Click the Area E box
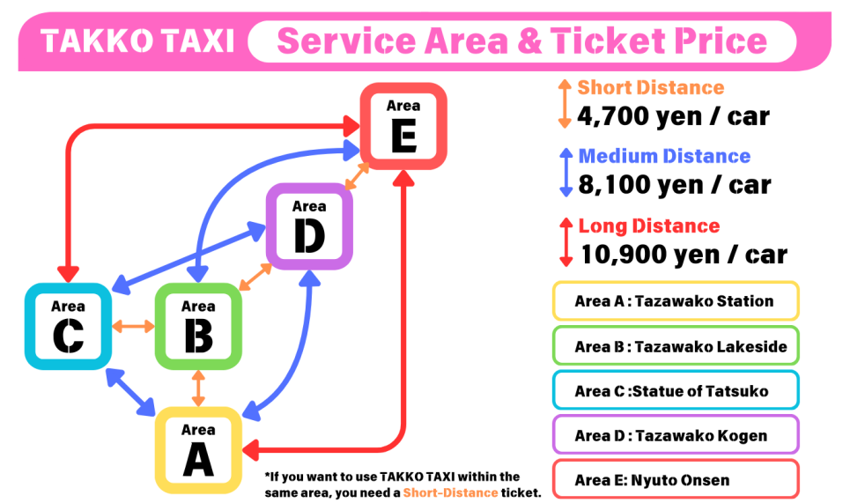[x=403, y=126]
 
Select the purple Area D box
[x=309, y=226]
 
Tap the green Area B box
[x=198, y=326]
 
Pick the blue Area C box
[x=68, y=326]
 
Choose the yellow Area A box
[x=198, y=449]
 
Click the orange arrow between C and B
[x=133, y=326]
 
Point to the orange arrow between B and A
[x=198, y=388]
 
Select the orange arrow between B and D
[x=255, y=277]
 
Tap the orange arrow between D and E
[x=357, y=176]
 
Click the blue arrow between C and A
[x=129, y=392]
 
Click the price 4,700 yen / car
[x=673, y=115]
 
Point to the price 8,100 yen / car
[x=674, y=185]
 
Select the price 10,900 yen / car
[x=683, y=255]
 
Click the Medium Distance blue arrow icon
[x=565, y=173]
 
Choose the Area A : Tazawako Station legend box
[x=675, y=300]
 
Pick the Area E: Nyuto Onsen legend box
[x=675, y=480]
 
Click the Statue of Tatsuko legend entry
[x=675, y=390]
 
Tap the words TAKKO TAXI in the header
[x=137, y=41]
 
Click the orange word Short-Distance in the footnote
[x=449, y=492]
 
